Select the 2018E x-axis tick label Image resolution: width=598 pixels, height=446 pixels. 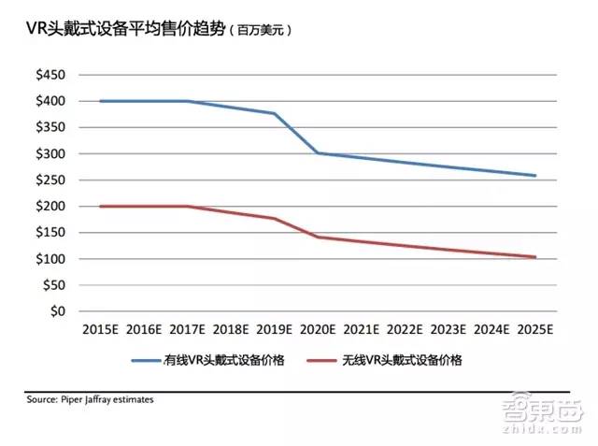point(231,330)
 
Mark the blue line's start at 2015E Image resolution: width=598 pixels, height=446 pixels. point(100,101)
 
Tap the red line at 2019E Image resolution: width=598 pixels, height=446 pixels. point(275,219)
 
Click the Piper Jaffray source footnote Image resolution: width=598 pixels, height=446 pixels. point(90,399)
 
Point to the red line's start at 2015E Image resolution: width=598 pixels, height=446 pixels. point(100,206)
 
